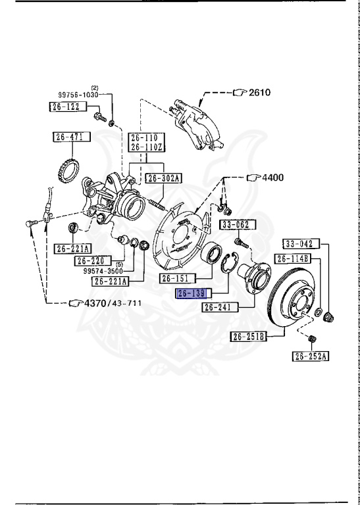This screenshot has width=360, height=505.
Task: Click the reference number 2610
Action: (x=259, y=93)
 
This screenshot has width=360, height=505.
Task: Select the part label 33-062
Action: (x=235, y=225)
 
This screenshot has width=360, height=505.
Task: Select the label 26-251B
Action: (x=248, y=337)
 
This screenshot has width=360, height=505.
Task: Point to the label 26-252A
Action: (x=311, y=356)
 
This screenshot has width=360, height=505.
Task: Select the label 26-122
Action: (x=66, y=106)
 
